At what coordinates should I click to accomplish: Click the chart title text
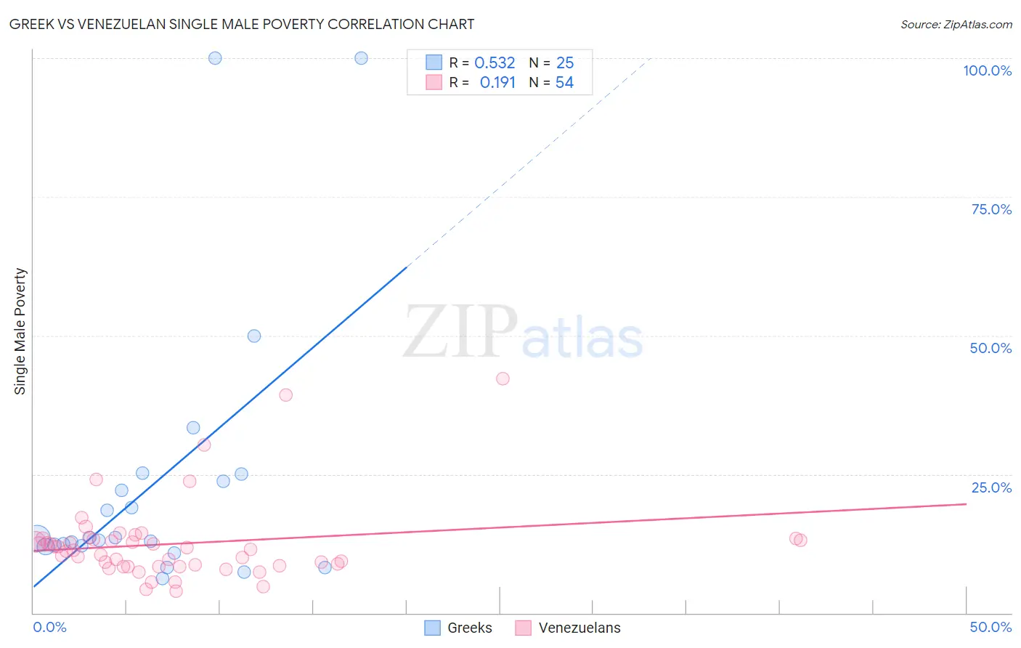pyautogui.click(x=242, y=24)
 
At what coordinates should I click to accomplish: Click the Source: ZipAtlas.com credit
pyautogui.click(x=956, y=24)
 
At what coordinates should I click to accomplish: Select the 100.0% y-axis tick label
pyautogui.click(x=987, y=70)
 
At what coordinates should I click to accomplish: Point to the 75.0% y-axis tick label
pyautogui.click(x=991, y=209)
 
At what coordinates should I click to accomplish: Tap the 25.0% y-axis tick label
pyautogui.click(x=991, y=487)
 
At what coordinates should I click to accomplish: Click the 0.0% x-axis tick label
pyautogui.click(x=49, y=627)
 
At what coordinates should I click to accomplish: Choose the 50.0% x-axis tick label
pyautogui.click(x=991, y=627)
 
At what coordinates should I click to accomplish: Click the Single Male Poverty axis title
pyautogui.click(x=20, y=331)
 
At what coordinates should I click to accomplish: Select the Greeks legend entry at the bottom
pyautogui.click(x=458, y=628)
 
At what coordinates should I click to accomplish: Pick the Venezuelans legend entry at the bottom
pyautogui.click(x=568, y=628)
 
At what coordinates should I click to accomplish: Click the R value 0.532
pyautogui.click(x=495, y=63)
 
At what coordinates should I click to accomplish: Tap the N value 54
pyautogui.click(x=564, y=83)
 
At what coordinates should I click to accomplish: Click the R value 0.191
pyautogui.click(x=497, y=83)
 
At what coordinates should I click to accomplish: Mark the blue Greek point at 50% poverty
pyautogui.click(x=254, y=336)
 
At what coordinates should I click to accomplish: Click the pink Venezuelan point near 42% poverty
pyautogui.click(x=503, y=378)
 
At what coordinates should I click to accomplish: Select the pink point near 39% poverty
pyautogui.click(x=285, y=395)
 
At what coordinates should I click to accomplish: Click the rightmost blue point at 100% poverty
pyautogui.click(x=361, y=58)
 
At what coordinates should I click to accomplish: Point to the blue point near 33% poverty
pyautogui.click(x=193, y=428)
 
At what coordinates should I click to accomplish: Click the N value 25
pyautogui.click(x=565, y=63)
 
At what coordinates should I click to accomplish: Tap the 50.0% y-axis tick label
pyautogui.click(x=991, y=348)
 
